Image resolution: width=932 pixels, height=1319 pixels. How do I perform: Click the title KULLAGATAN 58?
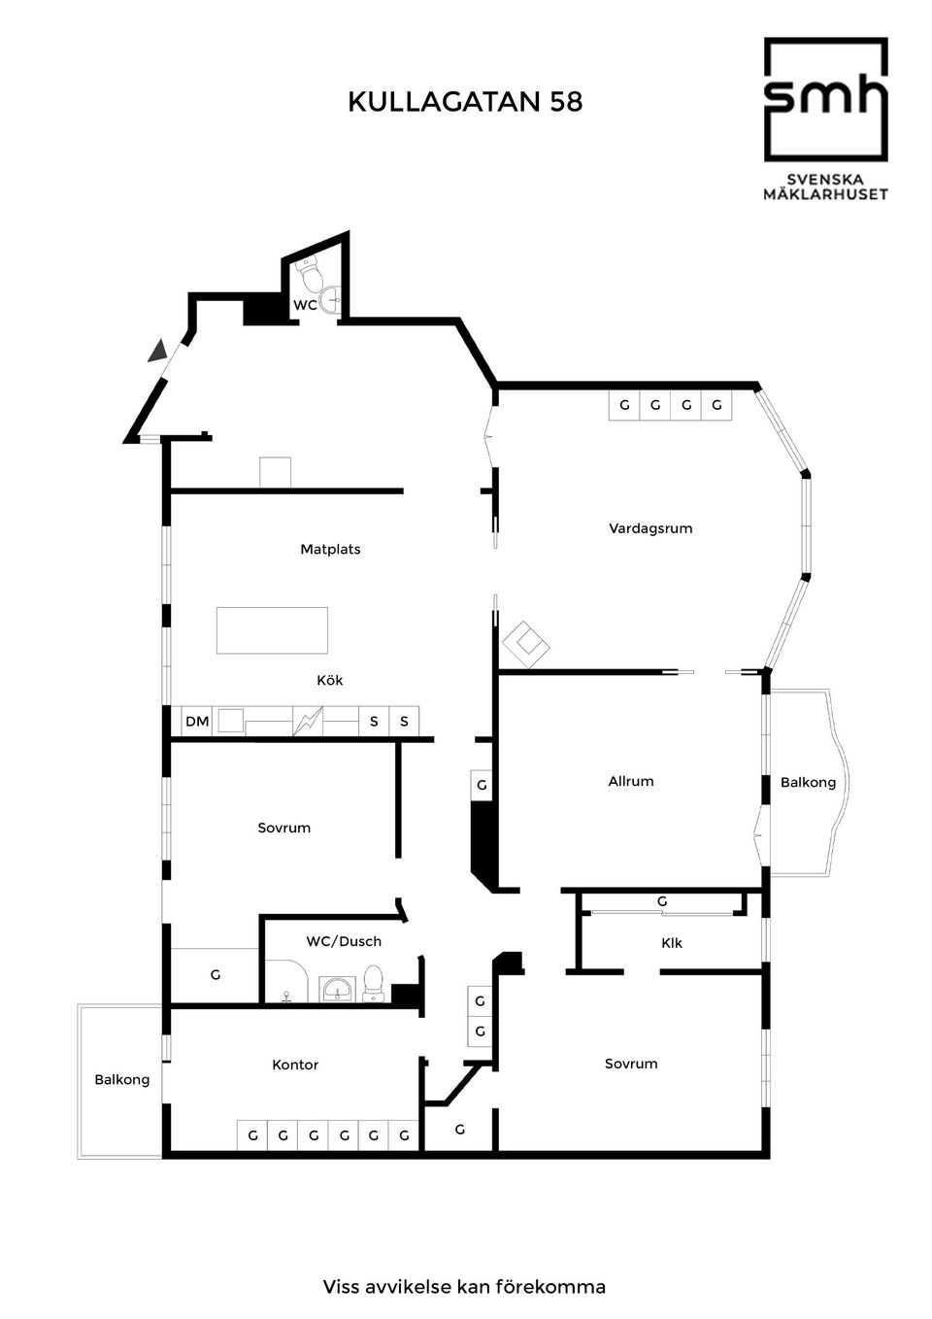(465, 102)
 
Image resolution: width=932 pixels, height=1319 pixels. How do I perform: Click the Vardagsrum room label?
(650, 528)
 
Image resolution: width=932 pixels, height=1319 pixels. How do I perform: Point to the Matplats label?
(330, 549)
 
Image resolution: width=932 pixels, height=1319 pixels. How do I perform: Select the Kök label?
(329, 680)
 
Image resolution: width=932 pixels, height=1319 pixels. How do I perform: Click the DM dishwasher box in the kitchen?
(197, 721)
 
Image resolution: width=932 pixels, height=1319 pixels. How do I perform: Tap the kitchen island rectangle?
(272, 630)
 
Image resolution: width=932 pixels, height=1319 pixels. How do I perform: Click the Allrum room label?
(631, 781)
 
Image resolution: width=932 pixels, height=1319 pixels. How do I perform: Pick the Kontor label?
(295, 1065)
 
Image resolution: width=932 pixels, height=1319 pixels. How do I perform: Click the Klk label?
(672, 943)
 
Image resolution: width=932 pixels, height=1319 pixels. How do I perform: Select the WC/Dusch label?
(344, 941)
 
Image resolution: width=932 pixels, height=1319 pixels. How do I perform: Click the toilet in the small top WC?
(308, 273)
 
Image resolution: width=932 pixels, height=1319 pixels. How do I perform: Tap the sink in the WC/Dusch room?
(337, 989)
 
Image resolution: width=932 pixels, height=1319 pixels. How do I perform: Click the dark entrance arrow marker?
(157, 351)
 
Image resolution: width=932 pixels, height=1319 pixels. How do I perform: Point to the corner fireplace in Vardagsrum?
(525, 645)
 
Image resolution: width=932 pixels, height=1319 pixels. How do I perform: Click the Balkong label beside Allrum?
(808, 782)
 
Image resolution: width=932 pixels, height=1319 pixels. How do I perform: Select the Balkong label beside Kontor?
(121, 1079)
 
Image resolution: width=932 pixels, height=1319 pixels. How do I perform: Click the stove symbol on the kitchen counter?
(308, 721)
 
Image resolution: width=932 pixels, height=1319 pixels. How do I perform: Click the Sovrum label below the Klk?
(631, 1064)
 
